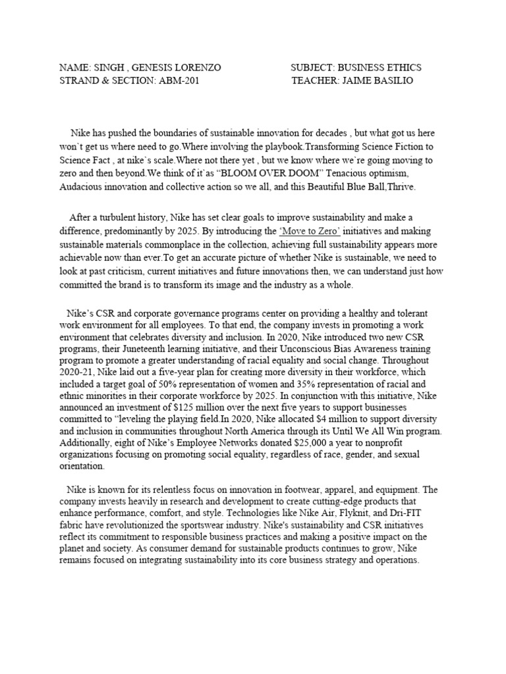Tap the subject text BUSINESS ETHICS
click(380, 68)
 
